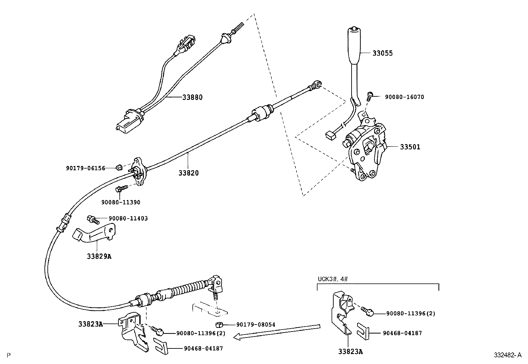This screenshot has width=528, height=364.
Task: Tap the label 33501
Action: pos(410,147)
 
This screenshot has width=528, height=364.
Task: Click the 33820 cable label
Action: pos(188,173)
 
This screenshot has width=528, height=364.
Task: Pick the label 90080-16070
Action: pos(404,97)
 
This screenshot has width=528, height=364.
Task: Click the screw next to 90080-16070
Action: pos(369,97)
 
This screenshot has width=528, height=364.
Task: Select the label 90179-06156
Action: pos(85,168)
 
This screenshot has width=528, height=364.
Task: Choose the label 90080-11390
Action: pos(121,202)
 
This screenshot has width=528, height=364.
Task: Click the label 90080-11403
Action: pos(128,219)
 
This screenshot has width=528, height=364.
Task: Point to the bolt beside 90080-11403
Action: pos(92,219)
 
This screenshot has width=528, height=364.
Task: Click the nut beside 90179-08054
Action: pos(219,324)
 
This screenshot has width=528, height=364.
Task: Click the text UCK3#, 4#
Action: pos(333,279)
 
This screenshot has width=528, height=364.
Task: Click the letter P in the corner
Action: pos(9,355)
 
